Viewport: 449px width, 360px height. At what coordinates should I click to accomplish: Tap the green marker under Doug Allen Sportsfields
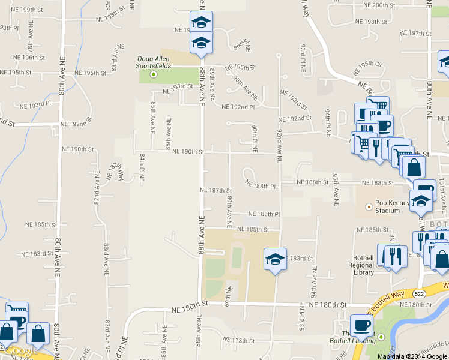[154, 74]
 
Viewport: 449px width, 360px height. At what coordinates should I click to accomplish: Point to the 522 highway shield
[420, 293]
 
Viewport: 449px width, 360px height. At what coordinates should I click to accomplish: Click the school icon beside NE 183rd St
[275, 259]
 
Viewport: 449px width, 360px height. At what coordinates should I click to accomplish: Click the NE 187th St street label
[215, 190]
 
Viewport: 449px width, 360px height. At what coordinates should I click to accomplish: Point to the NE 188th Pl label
[264, 187]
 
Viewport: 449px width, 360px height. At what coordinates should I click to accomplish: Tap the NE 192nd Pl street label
[238, 107]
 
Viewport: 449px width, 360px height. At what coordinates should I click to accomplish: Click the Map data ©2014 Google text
[412, 356]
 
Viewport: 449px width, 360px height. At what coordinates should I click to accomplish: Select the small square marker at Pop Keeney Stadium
[369, 206]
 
